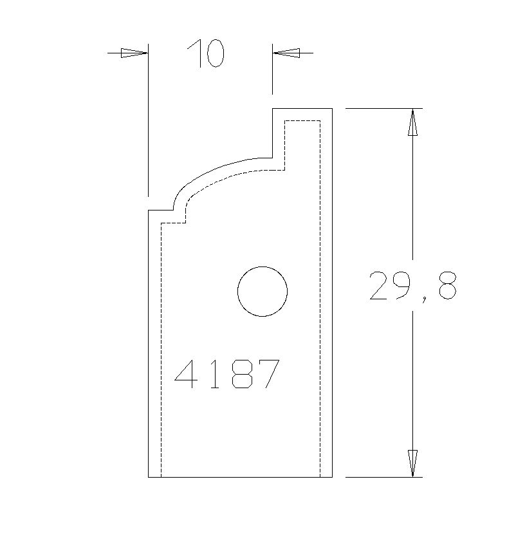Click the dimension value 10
206,53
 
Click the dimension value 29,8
413,286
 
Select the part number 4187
227,374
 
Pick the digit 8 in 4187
242,374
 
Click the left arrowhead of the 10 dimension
134,53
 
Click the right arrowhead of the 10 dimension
286,53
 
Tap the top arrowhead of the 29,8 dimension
412,122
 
